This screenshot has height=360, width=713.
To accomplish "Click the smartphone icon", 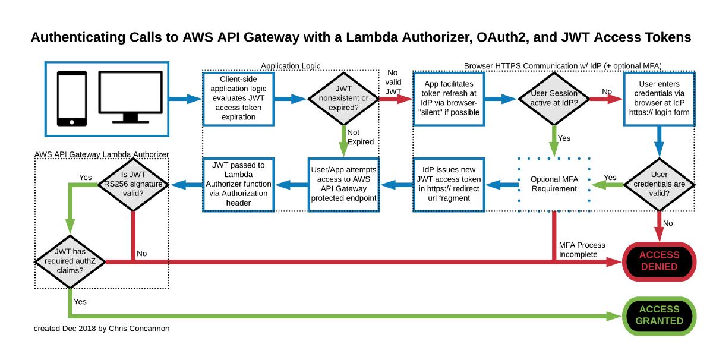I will click(x=70, y=99).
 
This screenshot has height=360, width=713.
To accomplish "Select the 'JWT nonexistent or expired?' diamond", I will click(x=343, y=99).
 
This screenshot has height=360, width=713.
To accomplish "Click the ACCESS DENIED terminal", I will click(x=658, y=261).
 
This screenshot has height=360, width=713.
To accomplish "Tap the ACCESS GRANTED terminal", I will click(x=658, y=315).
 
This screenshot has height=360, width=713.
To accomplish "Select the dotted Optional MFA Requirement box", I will click(x=553, y=184).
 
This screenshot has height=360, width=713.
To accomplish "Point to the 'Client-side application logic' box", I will click(x=238, y=99).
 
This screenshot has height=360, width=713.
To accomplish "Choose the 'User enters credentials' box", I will click(x=658, y=99).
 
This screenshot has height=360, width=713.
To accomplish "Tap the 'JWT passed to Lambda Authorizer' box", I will click(x=238, y=184).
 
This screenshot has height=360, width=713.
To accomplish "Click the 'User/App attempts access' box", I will click(x=343, y=184).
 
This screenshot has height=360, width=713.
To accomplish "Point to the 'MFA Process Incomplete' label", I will click(x=582, y=250).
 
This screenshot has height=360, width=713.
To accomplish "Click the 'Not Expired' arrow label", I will click(x=360, y=137).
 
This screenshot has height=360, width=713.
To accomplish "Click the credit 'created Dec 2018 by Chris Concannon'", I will click(x=101, y=328).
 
